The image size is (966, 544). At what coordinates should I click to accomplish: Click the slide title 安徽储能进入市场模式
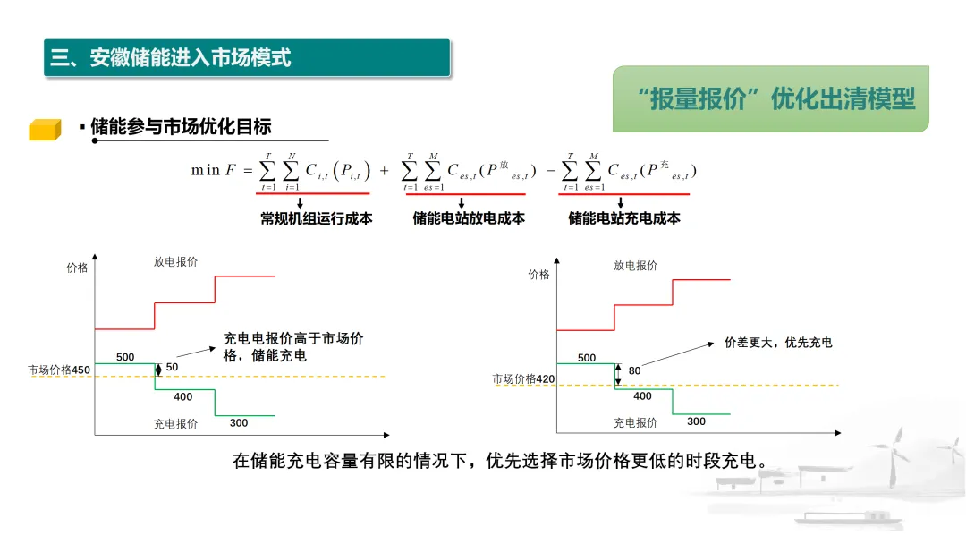click(171, 58)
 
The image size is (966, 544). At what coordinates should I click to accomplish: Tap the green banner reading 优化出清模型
click(770, 98)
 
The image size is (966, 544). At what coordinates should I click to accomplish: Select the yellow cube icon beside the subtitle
click(44, 130)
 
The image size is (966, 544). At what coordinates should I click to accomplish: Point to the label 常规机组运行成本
click(316, 217)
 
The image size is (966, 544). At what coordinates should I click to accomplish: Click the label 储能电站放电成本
click(468, 217)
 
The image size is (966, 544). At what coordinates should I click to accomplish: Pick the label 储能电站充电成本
click(623, 217)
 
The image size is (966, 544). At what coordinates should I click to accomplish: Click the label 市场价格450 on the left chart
click(59, 370)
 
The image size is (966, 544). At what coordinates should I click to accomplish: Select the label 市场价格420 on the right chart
click(523, 379)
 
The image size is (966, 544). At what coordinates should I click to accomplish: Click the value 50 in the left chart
click(172, 368)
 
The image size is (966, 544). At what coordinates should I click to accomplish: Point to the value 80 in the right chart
click(634, 371)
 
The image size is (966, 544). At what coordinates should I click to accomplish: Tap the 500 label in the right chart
click(587, 358)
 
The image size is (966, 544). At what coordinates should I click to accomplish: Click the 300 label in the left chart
click(239, 422)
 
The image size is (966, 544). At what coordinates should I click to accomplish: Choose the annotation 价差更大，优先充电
click(778, 343)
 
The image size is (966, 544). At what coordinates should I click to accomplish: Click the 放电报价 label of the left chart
click(175, 262)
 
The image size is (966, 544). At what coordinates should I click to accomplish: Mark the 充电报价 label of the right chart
click(635, 422)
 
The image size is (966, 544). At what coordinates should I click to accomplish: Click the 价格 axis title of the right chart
click(538, 275)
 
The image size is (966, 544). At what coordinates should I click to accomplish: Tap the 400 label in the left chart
click(183, 396)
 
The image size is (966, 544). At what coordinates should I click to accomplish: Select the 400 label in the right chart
click(642, 395)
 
